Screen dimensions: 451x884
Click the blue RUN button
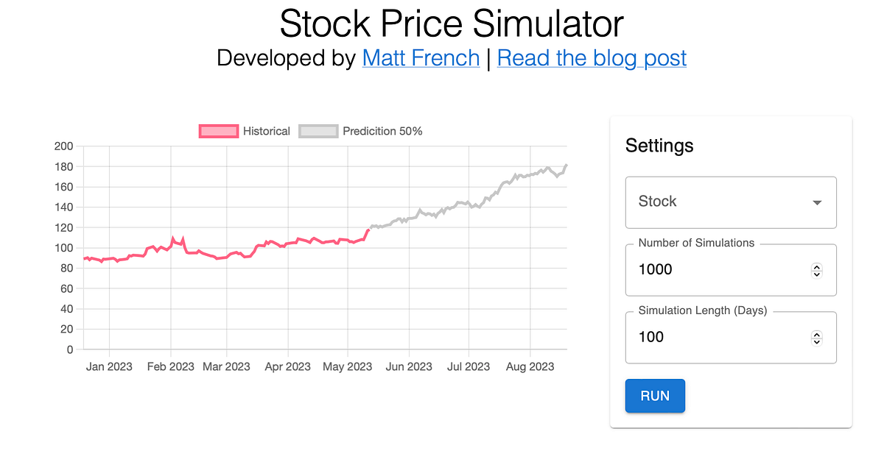(655, 396)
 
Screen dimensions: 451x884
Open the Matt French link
(421, 57)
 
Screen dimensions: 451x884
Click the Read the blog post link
(592, 57)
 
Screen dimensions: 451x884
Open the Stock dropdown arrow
(816, 202)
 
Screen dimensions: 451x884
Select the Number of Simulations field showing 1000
(715, 269)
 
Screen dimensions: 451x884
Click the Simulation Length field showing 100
(715, 337)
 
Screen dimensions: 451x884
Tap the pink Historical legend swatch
(219, 131)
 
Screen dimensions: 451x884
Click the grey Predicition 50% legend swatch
(318, 131)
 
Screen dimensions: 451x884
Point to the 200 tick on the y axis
(64, 146)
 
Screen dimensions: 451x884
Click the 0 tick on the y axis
(70, 349)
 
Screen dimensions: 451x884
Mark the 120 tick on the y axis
(64, 227)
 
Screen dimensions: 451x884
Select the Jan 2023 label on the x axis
(109, 366)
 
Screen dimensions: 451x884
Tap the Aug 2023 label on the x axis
(530, 366)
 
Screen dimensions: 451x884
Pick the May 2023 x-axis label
(348, 366)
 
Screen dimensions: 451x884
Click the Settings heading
(659, 146)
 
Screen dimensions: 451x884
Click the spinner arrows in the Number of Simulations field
(816, 270)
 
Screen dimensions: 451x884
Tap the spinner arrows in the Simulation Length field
(816, 338)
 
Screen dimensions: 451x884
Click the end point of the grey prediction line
(566, 165)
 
